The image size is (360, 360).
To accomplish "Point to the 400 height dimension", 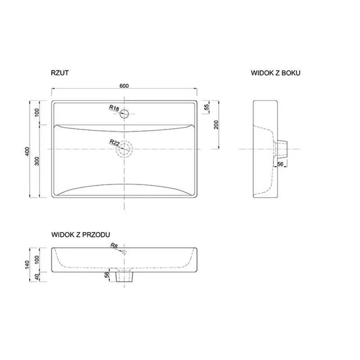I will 26,150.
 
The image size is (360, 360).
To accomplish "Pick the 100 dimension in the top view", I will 38,112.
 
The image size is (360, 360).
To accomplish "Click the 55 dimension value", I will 207,107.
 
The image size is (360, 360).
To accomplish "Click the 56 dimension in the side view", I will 279,164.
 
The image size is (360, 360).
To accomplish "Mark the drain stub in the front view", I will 125,276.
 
